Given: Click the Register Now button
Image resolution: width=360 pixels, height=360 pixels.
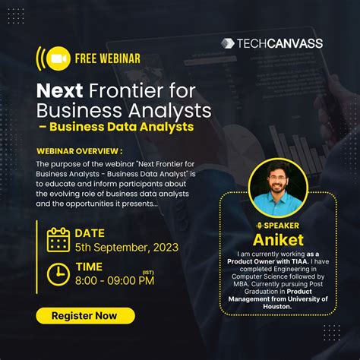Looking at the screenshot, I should coord(85,315).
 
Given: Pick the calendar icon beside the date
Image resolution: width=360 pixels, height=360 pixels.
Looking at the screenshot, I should coord(58,239).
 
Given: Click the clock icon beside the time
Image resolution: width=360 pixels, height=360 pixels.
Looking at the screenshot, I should coord(58,273).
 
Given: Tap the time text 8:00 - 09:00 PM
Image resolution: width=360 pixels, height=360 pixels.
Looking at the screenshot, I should coord(114,281).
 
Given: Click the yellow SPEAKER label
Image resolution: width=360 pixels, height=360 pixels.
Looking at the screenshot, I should coord(282,226).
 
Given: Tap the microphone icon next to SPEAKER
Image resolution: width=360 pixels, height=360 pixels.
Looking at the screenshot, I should coord(259,226).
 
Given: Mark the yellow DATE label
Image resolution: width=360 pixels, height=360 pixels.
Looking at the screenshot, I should coord(90,233).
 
